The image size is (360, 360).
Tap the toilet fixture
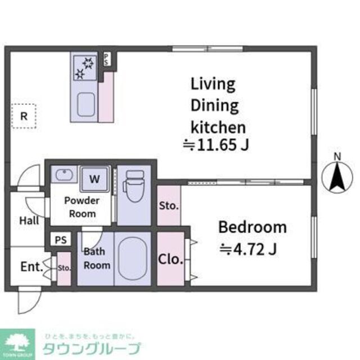133,185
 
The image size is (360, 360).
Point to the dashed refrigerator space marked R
24,116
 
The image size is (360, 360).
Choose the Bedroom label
252,228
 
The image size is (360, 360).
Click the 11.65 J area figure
216,145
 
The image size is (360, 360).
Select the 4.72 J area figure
248,247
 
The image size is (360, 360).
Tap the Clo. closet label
170,259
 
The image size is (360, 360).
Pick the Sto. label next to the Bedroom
168,206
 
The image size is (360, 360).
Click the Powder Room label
82,207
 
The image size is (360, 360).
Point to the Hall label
29,220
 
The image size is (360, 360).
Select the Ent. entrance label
31,266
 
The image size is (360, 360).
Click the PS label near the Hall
60,240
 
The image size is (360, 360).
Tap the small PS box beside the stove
107,60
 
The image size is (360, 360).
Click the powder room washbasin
63,174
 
